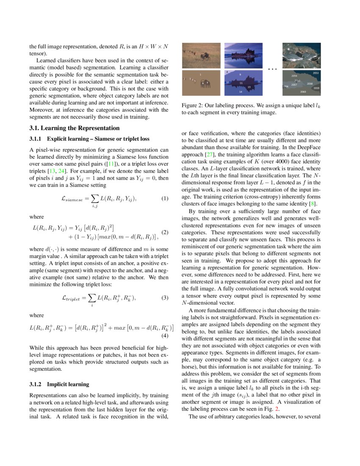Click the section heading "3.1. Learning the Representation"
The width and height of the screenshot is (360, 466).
coord(75,128)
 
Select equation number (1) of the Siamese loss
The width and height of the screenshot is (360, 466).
coord(165,198)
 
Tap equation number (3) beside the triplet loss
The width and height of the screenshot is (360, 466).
coord(165,298)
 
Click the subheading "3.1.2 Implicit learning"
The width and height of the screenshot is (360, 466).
coord(59,384)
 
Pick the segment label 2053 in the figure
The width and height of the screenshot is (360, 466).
coord(316,73)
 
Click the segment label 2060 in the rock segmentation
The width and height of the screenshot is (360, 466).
coord(303,92)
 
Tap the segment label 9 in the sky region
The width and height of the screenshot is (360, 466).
coord(240,74)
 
